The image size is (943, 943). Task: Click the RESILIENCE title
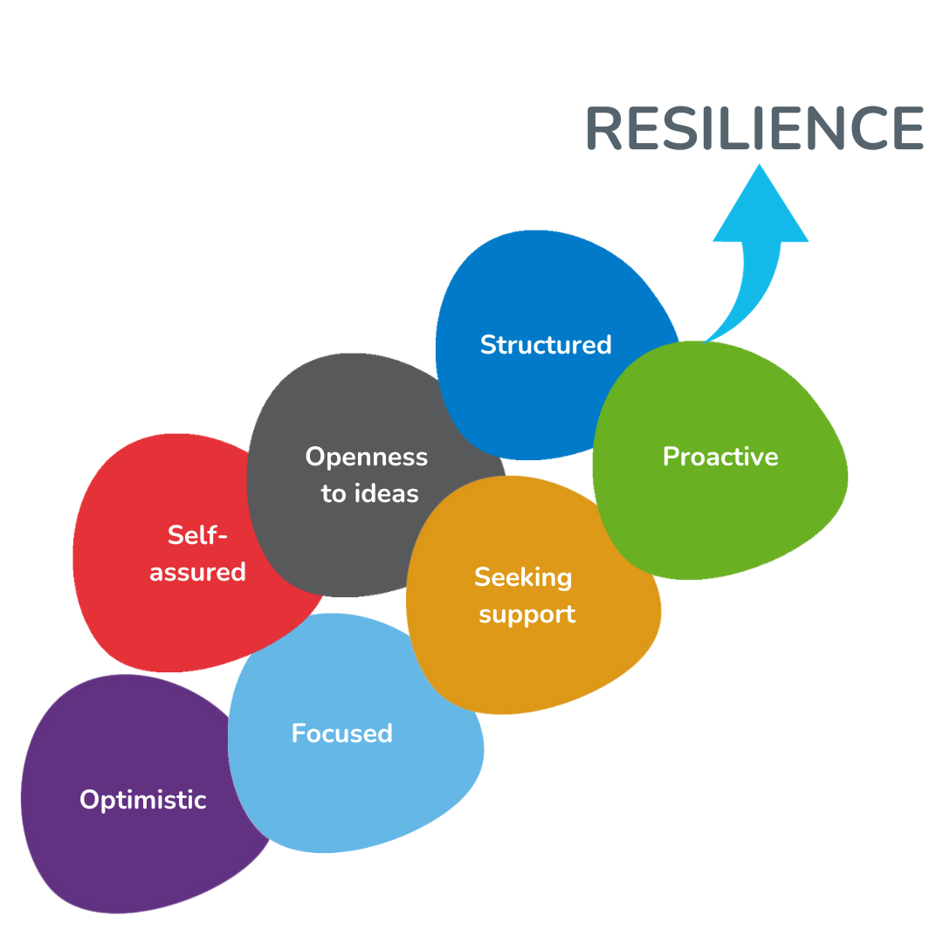pyautogui.click(x=754, y=129)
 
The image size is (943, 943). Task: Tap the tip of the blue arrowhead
pyautogui.click(x=760, y=167)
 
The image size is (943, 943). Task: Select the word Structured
pyautogui.click(x=546, y=345)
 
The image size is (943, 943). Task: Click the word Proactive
pyautogui.click(x=720, y=457)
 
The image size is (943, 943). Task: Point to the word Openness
pyautogui.click(x=367, y=457)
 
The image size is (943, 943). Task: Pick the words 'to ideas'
pyautogui.click(x=369, y=494)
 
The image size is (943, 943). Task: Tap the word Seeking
pyautogui.click(x=523, y=577)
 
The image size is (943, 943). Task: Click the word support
pyautogui.click(x=527, y=615)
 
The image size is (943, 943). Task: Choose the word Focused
pyautogui.click(x=341, y=733)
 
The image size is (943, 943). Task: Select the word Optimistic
pyautogui.click(x=143, y=800)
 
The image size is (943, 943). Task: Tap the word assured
pyautogui.click(x=197, y=573)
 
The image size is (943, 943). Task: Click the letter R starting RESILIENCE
pyautogui.click(x=605, y=129)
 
